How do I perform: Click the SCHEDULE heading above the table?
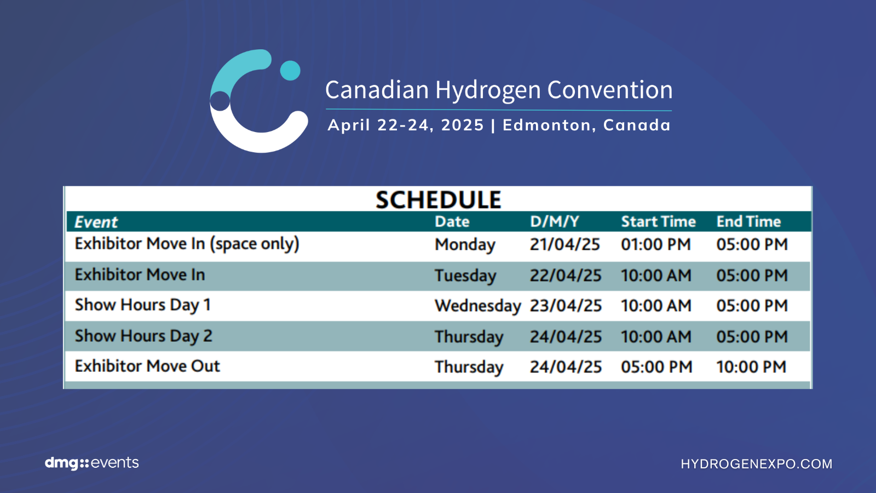tap(438, 199)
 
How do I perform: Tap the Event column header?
tap(96, 222)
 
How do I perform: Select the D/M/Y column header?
tap(554, 221)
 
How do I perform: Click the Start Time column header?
tap(658, 221)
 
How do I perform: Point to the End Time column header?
tap(748, 221)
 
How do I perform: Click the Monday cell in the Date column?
tap(465, 245)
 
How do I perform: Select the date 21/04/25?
tap(564, 244)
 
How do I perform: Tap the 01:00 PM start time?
tap(656, 244)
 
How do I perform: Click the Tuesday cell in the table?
tap(465, 276)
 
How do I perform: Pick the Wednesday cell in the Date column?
tap(478, 306)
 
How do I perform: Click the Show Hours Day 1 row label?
tap(143, 305)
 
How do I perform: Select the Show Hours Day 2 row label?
tap(143, 336)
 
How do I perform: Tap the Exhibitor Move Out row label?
tap(147, 366)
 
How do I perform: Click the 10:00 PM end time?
tap(751, 367)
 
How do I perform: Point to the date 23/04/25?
tap(566, 306)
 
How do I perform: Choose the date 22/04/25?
tap(566, 276)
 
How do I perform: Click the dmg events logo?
tap(92, 463)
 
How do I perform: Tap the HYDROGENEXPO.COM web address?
tap(757, 464)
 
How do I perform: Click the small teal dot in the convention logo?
tap(290, 71)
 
